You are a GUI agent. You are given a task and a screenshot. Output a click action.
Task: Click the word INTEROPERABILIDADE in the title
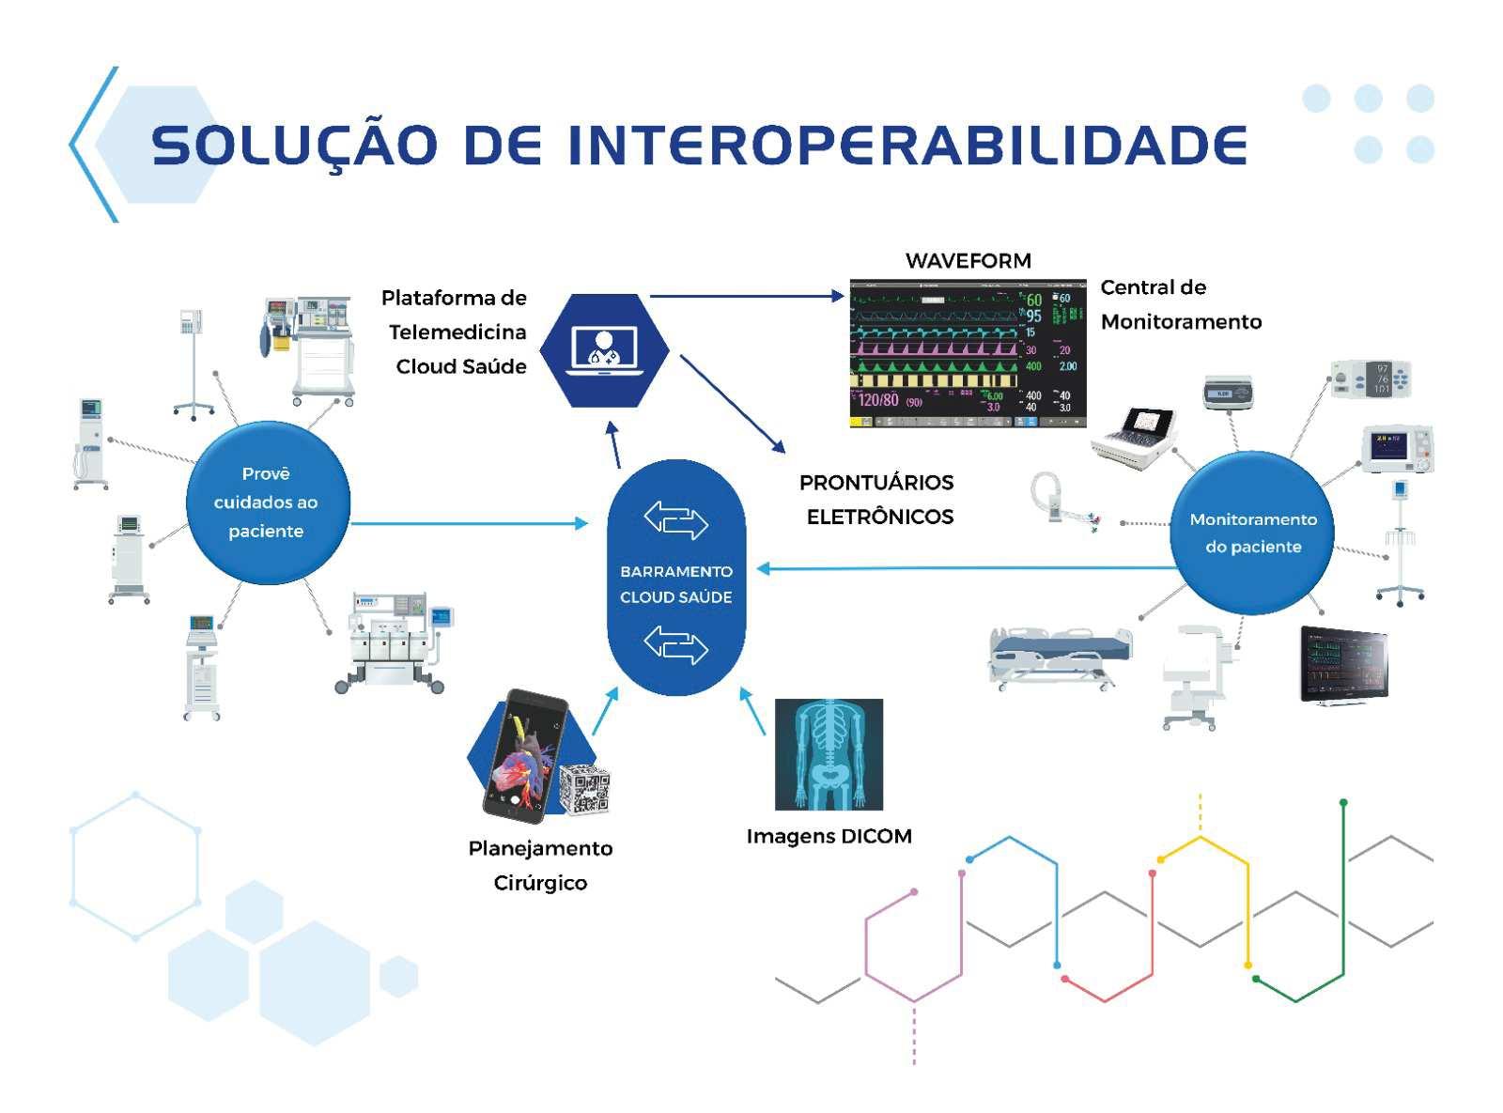[x=906, y=146]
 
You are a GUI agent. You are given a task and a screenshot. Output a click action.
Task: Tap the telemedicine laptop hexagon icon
[x=604, y=349]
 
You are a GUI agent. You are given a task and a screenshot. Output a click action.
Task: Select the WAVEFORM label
[x=968, y=261]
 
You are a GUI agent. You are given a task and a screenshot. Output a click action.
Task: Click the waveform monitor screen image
[x=968, y=353]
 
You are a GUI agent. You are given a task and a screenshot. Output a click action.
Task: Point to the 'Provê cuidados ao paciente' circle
[x=267, y=502]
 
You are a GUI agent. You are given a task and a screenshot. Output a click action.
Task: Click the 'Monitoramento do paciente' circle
[x=1253, y=533]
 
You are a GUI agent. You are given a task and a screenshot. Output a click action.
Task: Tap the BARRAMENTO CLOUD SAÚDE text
[x=675, y=584]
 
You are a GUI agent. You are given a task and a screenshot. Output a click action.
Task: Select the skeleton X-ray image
[x=829, y=754]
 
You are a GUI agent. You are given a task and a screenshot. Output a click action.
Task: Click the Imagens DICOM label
[x=829, y=836]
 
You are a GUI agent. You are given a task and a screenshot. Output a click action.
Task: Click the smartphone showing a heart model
[x=526, y=756]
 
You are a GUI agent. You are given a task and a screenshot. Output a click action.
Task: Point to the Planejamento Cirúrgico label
[x=540, y=865]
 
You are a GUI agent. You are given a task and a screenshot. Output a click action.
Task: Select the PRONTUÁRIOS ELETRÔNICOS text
[x=877, y=500]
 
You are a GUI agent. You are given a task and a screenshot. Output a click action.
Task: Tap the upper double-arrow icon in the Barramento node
[x=675, y=519]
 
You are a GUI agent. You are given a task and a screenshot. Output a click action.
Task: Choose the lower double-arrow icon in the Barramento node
[x=675, y=644]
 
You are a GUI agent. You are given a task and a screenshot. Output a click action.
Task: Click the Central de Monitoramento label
[x=1180, y=304]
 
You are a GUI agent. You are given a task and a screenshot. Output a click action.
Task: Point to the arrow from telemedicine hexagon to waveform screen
[x=747, y=296]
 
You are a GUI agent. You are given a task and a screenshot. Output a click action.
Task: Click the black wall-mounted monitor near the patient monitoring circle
[x=1343, y=665]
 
